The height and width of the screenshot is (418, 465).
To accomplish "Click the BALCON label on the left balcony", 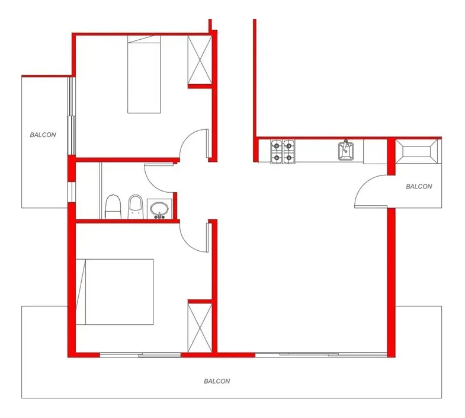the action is coord(43,135).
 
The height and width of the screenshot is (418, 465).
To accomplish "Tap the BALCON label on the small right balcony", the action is coord(419,186).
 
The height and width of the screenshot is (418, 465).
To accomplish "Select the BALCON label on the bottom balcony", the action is coord(217,381).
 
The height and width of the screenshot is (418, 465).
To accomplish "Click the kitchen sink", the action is coord(346,151).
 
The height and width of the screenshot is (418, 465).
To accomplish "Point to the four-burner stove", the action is coord(283,151).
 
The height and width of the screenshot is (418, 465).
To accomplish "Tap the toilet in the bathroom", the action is coord(113,207).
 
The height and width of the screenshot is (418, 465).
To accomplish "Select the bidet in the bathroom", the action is coord(136,207).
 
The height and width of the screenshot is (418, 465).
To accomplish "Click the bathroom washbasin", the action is coord(159,209).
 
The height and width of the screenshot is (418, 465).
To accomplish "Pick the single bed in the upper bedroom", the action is coord(144,74).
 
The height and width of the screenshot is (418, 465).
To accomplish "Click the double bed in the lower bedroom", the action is coord(115,292).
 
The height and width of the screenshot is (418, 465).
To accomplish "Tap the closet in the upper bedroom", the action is coord(200,60).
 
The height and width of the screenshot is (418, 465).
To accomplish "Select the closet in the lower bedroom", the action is coord(200,328).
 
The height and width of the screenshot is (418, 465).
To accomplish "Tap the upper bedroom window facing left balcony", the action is coord(72,116).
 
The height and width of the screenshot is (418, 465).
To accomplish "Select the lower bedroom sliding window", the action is coord(140,355).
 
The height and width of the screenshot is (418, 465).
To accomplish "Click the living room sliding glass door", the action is coord(321,355).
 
